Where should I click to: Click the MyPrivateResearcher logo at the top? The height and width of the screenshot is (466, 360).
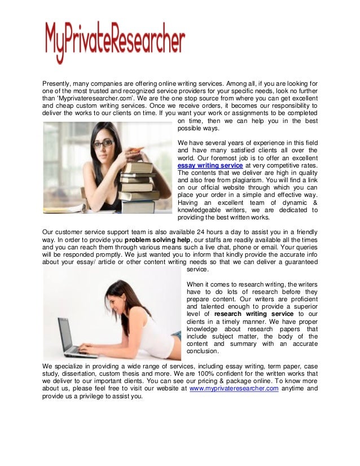(115, 42)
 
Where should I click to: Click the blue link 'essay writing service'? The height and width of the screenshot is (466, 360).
(210, 166)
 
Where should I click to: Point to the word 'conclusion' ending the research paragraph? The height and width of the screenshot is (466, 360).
(203, 350)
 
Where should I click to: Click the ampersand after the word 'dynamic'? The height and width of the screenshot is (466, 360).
(314, 202)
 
